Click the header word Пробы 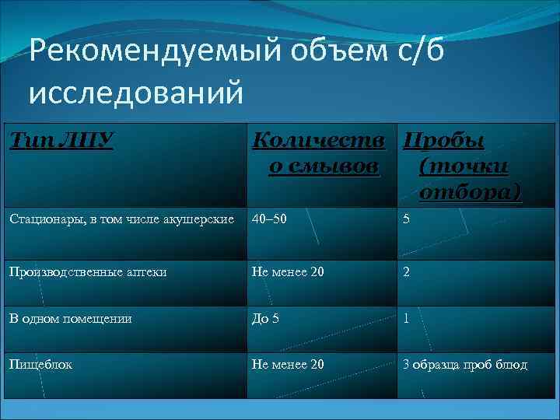pyautogui.click(x=443, y=142)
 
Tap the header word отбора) pyautogui.click(x=470, y=191)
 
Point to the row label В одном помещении pyautogui.click(x=71, y=318)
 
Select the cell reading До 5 pyautogui.click(x=265, y=318)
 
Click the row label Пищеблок pyautogui.click(x=41, y=363)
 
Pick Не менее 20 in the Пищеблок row pyautogui.click(x=288, y=363)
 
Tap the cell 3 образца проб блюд pyautogui.click(x=464, y=363)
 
